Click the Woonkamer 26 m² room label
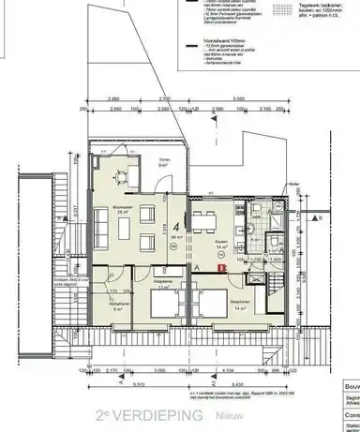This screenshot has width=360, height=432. [122, 211]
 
